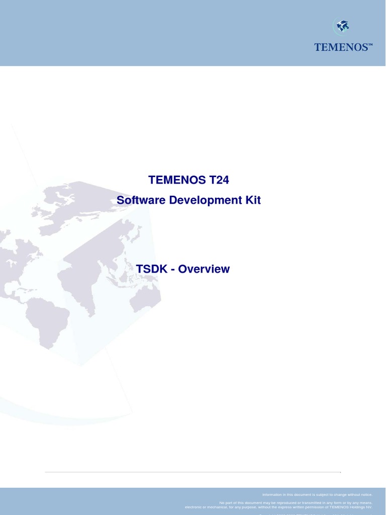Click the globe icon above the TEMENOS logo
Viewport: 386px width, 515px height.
[x=342, y=26]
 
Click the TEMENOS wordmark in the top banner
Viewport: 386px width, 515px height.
[x=341, y=47]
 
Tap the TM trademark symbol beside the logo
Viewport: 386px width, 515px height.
[x=370, y=45]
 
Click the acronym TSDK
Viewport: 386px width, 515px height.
[x=151, y=269]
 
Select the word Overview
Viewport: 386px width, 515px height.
[x=204, y=269]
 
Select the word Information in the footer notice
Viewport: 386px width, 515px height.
[x=273, y=495]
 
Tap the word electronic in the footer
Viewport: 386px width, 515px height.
[x=195, y=507]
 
